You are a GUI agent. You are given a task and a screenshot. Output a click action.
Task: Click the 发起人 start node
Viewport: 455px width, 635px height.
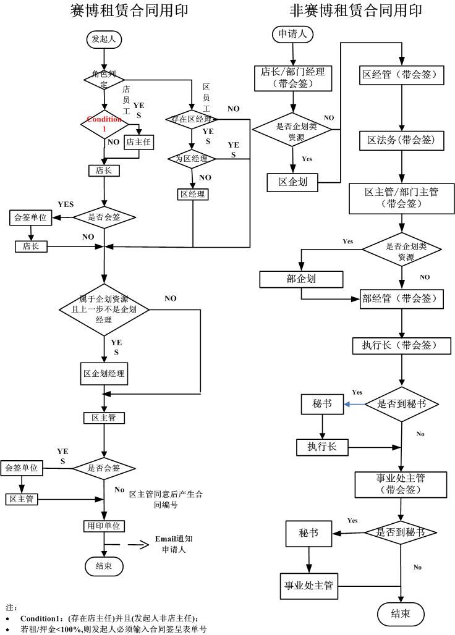click(103, 39)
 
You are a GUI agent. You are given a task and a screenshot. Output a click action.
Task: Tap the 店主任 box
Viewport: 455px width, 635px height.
click(138, 142)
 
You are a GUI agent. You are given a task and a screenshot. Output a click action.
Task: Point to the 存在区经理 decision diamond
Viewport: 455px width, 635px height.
click(192, 119)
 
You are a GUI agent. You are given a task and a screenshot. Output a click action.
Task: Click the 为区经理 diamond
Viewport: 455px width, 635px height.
click(192, 158)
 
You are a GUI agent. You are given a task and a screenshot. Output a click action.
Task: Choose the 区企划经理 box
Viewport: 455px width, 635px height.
click(104, 374)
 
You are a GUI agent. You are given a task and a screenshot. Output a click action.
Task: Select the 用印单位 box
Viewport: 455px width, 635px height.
click(104, 526)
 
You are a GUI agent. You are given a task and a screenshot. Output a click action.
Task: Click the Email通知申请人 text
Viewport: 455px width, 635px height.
click(177, 544)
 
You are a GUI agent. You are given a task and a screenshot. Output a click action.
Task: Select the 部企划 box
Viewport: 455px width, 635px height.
click(301, 279)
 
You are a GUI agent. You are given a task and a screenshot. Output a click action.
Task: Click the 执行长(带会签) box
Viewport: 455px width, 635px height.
click(402, 345)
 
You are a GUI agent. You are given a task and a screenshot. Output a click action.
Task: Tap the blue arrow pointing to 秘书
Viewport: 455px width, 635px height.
click(354, 404)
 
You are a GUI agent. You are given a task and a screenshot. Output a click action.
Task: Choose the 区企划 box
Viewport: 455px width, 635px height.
click(293, 182)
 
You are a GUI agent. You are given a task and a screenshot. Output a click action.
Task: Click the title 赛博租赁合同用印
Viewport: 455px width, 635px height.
click(129, 11)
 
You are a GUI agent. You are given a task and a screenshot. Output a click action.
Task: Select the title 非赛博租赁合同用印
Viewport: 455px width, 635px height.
click(356, 11)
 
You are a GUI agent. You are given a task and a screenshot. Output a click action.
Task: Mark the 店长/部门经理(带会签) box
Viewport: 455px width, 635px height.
click(294, 78)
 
